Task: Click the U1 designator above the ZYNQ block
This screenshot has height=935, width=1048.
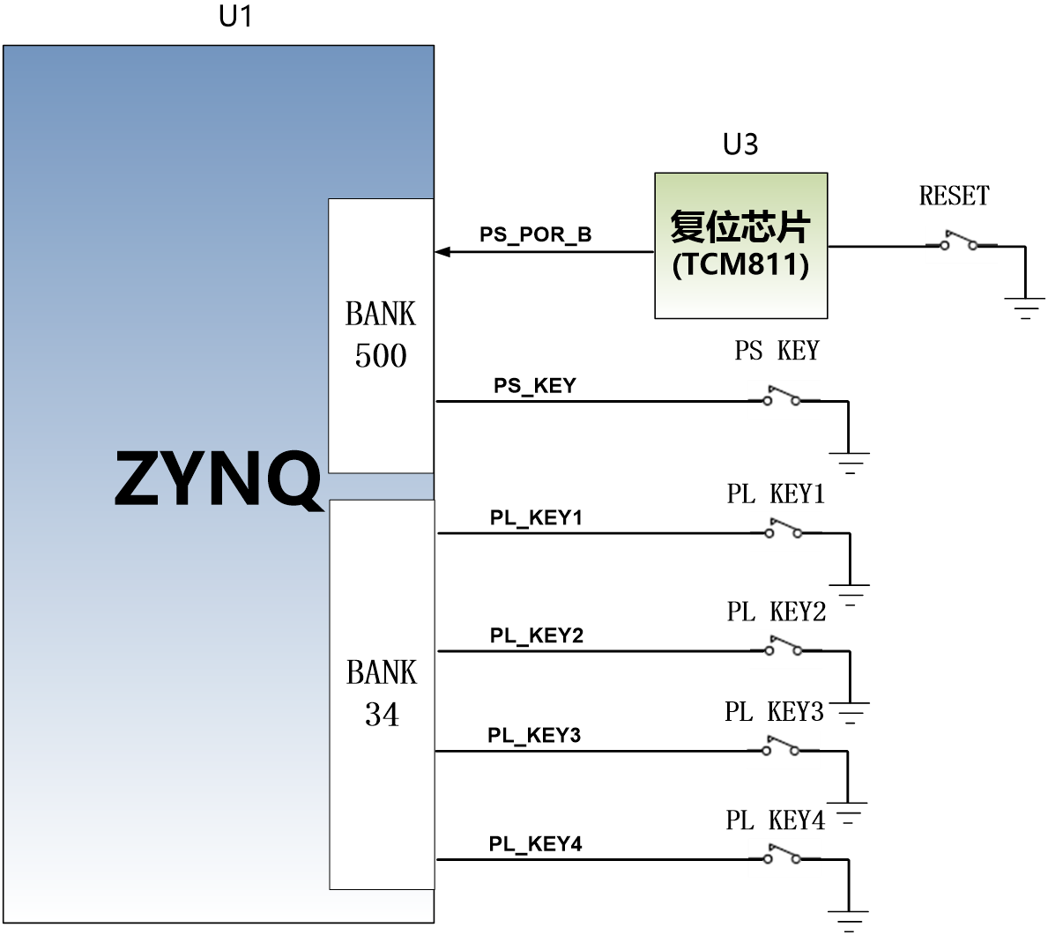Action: point(235,16)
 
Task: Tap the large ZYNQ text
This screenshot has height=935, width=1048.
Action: point(218,478)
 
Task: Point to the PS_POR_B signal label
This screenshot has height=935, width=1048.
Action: point(535,234)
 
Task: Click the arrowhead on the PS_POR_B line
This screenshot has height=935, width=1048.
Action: point(442,252)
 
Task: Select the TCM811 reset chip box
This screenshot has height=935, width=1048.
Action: point(740,245)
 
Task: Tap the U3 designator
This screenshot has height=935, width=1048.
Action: point(740,145)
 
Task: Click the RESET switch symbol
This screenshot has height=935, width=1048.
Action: point(959,241)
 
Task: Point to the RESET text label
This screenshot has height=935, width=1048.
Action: point(954,196)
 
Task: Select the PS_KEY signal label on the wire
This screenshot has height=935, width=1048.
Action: point(535,386)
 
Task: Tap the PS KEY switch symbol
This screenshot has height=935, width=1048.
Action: point(783,396)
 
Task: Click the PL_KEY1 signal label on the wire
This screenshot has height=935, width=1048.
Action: point(536,517)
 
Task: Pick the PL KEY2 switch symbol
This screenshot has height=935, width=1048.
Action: point(785,646)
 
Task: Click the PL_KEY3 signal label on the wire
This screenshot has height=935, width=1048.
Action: point(534,735)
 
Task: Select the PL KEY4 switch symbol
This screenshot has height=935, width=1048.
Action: point(784,855)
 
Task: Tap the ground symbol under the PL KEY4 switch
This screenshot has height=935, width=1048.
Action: point(848,921)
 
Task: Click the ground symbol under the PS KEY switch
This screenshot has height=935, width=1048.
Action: point(850,464)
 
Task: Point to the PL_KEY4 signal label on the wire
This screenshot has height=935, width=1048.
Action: point(535,844)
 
